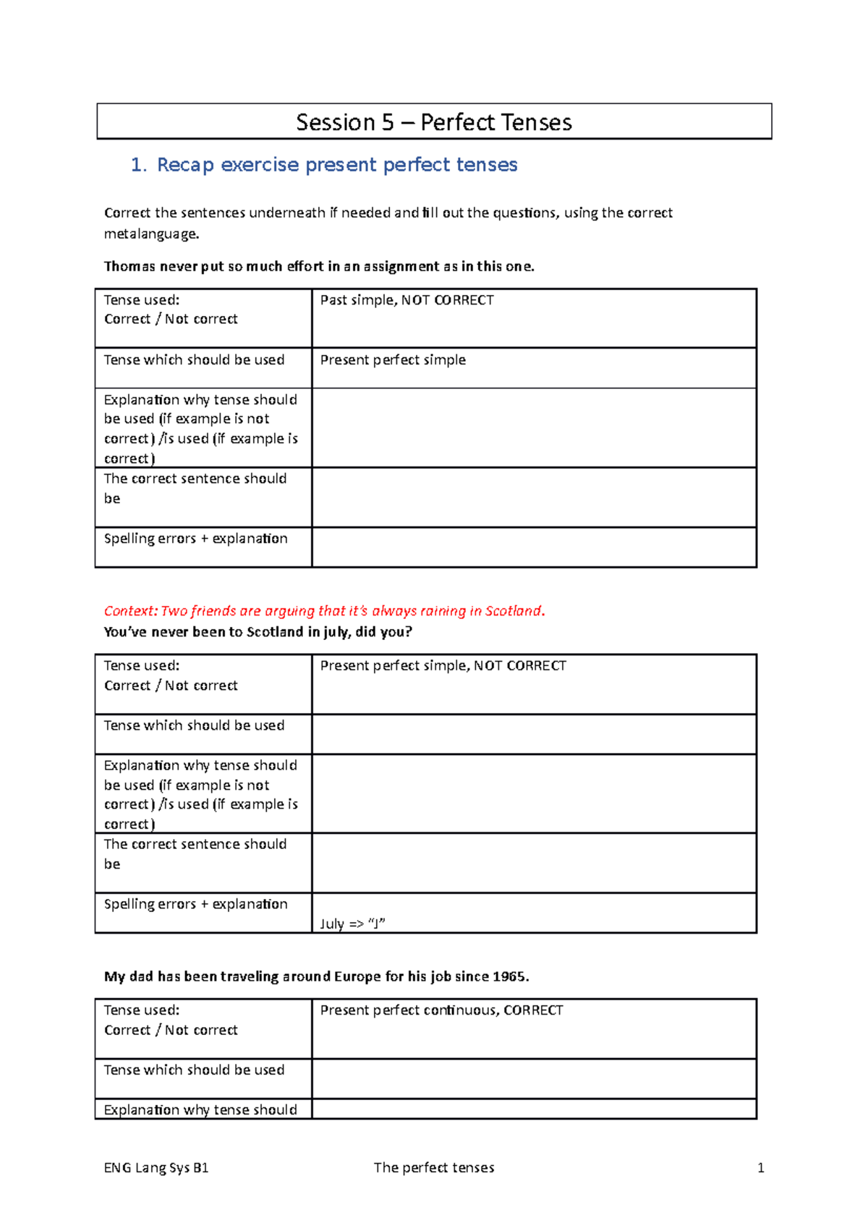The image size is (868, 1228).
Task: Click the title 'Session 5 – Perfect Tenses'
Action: click(x=434, y=122)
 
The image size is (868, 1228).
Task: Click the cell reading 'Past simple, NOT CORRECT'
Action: click(x=407, y=300)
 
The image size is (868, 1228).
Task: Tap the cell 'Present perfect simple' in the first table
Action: click(x=393, y=360)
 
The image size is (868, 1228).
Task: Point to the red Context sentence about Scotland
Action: click(x=324, y=611)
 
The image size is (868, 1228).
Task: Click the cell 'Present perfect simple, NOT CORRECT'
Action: click(x=443, y=665)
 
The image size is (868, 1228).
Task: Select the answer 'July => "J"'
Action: click(x=352, y=924)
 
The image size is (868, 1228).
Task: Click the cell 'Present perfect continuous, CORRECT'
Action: click(x=441, y=1010)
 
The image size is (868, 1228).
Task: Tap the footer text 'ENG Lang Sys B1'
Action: click(x=156, y=1167)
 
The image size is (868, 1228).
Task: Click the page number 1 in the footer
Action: click(x=760, y=1167)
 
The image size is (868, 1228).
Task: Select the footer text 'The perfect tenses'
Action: click(x=434, y=1167)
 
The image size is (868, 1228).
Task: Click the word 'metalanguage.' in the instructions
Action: click(x=151, y=234)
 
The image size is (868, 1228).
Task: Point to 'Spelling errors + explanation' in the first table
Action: click(x=195, y=539)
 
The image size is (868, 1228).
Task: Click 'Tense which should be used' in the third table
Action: click(x=194, y=1070)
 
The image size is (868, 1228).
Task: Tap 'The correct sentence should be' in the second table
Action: click(x=195, y=853)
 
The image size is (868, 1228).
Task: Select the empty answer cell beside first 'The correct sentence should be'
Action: click(x=534, y=498)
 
